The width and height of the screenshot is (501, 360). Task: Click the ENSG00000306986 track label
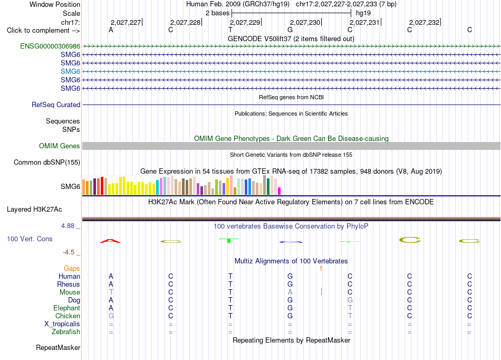(50, 46)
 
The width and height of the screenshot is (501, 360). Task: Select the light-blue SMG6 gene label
(70, 72)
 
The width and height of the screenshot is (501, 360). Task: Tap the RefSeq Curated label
(56, 105)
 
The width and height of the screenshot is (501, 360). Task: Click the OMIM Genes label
(59, 146)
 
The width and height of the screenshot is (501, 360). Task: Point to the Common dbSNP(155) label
(46, 163)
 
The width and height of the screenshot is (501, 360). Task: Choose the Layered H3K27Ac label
(34, 210)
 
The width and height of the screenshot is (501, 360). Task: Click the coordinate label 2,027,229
(245, 22)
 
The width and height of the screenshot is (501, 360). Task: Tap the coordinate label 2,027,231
(364, 22)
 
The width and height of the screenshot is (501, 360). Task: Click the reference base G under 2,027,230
(290, 30)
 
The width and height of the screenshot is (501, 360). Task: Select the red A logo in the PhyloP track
(110, 241)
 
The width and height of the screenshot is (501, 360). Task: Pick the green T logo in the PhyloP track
(229, 240)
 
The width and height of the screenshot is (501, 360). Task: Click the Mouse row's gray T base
(111, 292)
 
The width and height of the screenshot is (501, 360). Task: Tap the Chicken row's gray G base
(111, 316)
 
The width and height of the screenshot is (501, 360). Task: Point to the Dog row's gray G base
(350, 300)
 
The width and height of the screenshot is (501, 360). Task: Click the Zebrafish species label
(66, 332)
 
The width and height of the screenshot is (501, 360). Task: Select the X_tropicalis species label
(62, 324)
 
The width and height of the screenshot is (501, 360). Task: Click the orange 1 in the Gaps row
(321, 269)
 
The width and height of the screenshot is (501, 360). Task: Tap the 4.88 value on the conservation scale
(68, 226)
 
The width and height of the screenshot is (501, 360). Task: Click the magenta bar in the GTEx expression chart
(280, 191)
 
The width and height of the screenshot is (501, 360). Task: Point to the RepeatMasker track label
(58, 348)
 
